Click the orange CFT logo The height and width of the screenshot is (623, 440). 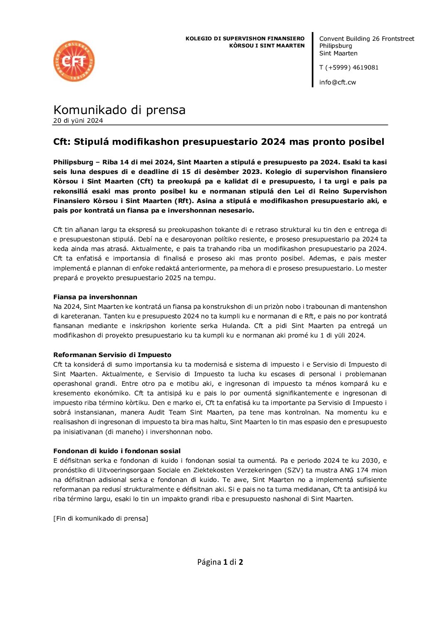pos(74,61)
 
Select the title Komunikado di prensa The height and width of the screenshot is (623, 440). pos(119,110)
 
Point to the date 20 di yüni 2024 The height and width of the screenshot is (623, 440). pos(78,121)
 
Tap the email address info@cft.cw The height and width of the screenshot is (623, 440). pos(337,82)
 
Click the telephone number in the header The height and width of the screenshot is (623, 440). pos(349,67)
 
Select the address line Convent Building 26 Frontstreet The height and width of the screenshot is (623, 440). pos(366,39)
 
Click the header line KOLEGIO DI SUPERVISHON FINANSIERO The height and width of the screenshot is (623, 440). pos(245,39)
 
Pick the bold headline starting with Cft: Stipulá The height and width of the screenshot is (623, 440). pos(219,142)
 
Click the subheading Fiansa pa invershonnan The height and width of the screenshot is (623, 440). pos(95,297)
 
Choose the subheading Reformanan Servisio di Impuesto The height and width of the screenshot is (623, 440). pos(112,355)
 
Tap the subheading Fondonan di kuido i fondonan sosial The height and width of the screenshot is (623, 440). pos(117,451)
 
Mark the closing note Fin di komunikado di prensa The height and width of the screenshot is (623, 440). pos(101,519)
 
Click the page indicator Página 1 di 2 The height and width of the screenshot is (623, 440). pos(220,562)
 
